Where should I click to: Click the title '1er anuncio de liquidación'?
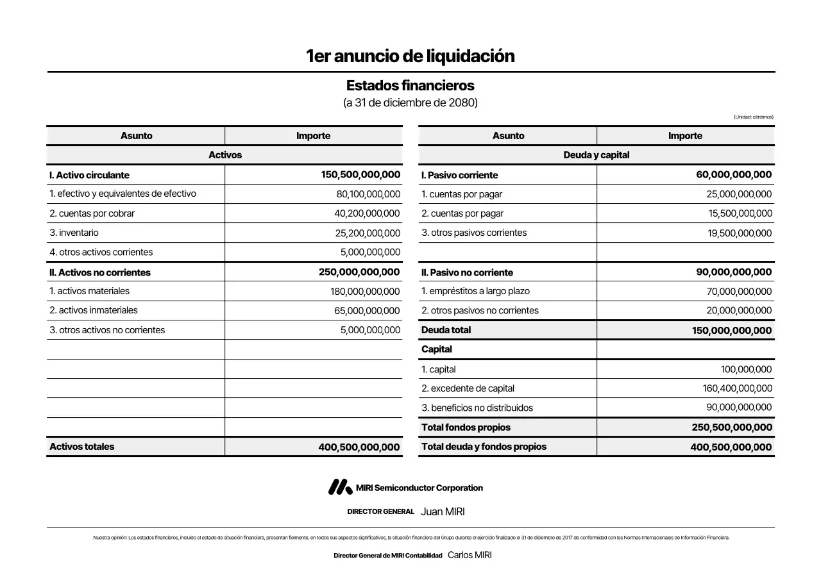410,56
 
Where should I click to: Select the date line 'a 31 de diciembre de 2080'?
410,103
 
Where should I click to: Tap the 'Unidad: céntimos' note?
753,117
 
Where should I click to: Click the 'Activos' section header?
225,155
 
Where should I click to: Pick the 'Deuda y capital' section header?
596,155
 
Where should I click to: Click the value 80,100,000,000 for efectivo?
368,194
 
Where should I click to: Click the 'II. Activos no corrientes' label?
100,272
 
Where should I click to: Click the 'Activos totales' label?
82,447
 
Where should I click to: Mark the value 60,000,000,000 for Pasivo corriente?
734,175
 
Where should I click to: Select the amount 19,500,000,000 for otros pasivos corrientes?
740,233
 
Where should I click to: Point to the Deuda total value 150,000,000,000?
732,331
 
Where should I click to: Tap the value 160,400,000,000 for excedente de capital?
737,388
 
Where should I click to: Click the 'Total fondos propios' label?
466,427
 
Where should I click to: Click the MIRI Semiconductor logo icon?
340,488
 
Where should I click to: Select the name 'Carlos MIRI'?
470,555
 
